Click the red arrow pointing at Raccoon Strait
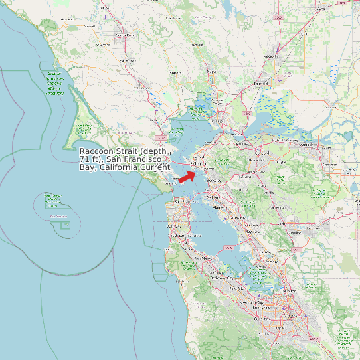187,175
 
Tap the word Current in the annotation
151,167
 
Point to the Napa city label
212,72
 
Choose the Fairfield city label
260,84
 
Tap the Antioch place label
306,144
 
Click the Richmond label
199,163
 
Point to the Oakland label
214,197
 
